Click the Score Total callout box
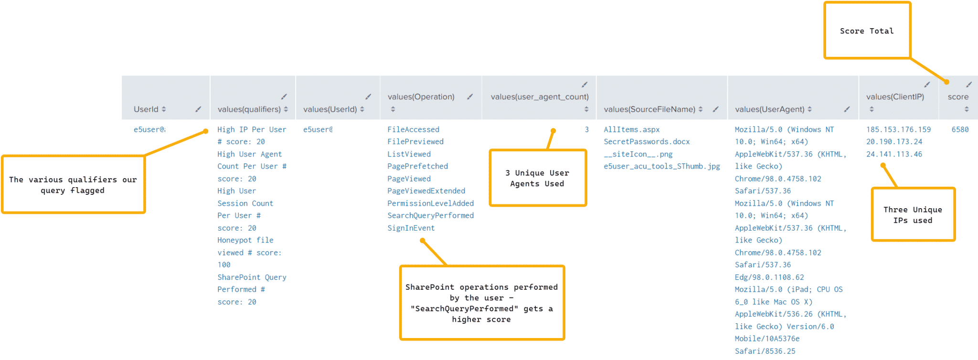coord(867,31)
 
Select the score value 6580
coord(960,129)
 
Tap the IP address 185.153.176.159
coord(898,129)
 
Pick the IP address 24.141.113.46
coord(894,154)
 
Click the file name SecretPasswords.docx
coord(647,142)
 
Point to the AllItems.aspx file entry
coord(631,129)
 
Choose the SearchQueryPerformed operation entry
coord(430,215)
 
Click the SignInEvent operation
coord(411,228)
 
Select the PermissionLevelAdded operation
coord(430,203)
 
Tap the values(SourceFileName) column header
coord(649,109)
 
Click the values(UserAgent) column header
coord(769,109)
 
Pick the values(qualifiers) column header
coord(249,109)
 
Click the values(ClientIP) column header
coord(895,97)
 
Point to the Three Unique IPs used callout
coord(913,215)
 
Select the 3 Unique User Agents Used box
coord(537,178)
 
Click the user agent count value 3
coord(586,129)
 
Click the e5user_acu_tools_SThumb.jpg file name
coord(661,166)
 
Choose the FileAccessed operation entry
coord(413,129)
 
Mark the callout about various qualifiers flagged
coord(73,185)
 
